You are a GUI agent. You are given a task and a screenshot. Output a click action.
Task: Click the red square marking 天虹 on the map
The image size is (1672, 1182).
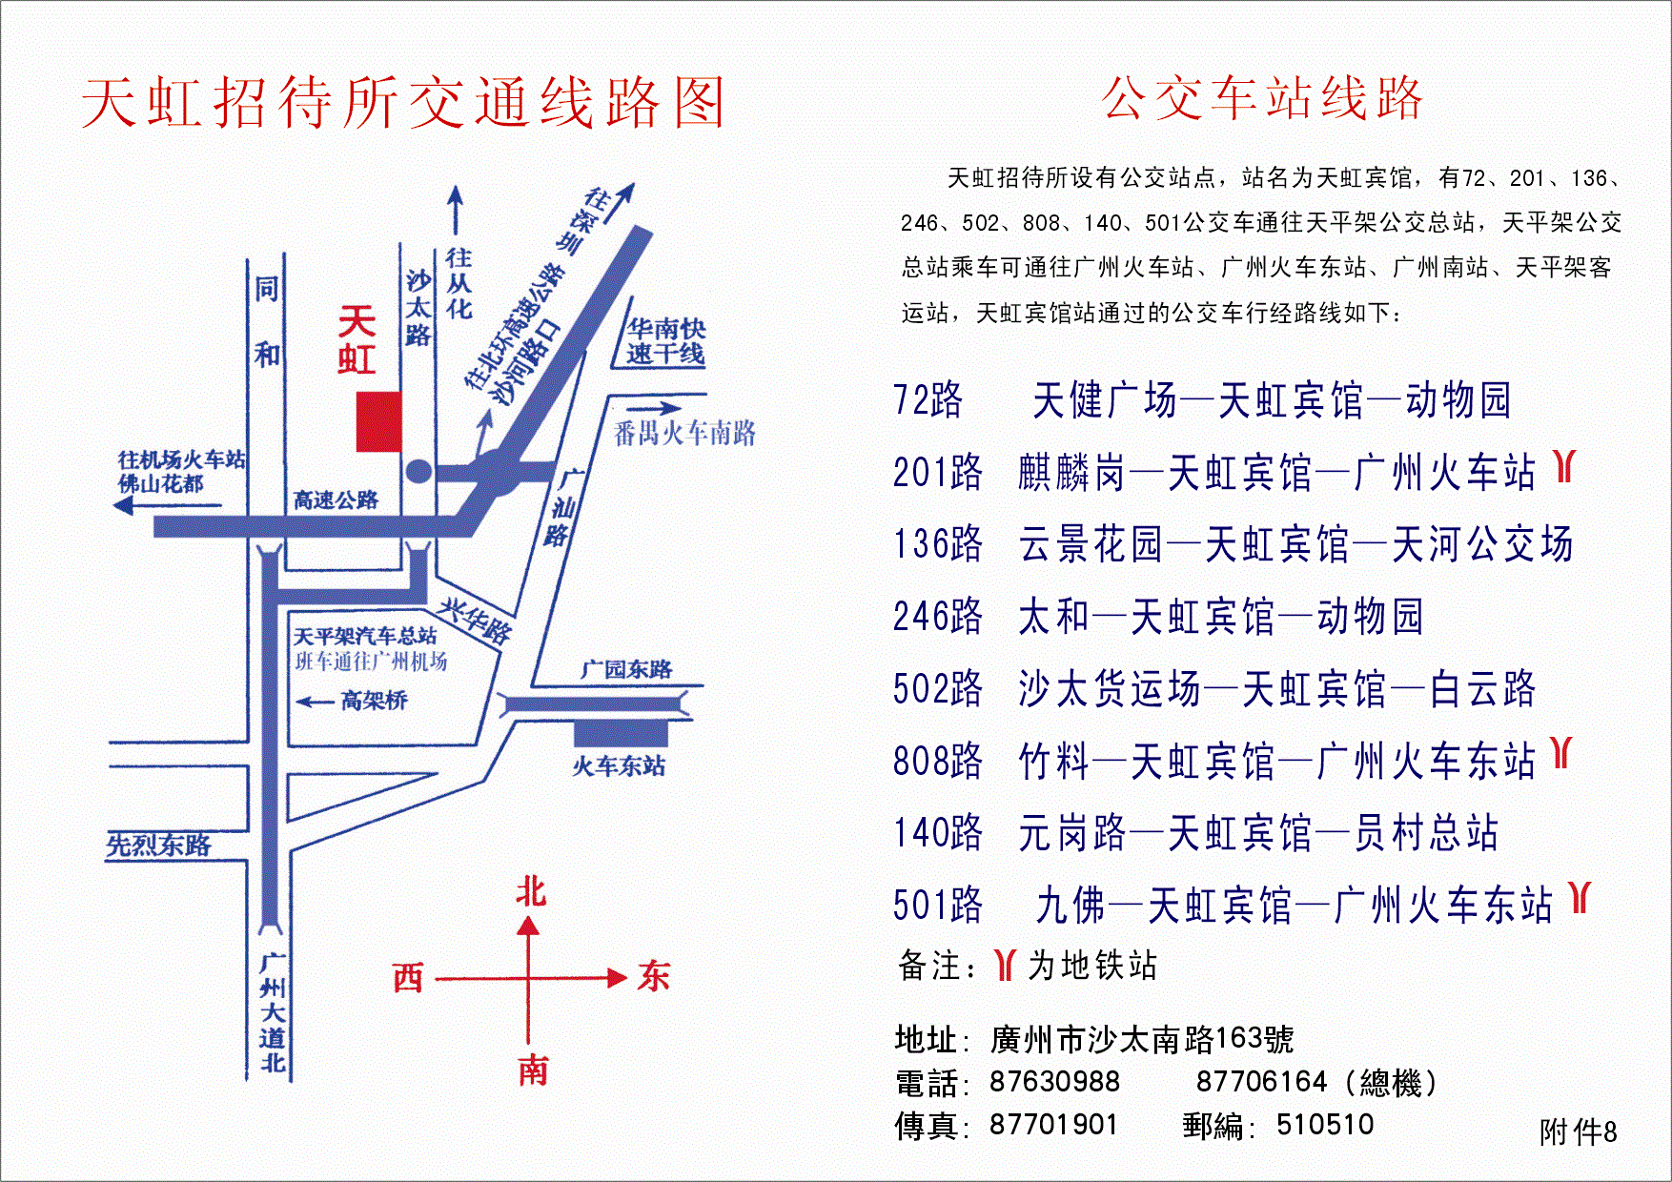[378, 421]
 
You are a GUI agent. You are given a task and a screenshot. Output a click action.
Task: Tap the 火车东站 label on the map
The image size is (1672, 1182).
[619, 766]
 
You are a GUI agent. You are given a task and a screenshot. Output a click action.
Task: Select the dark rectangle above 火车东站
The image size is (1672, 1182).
[621, 733]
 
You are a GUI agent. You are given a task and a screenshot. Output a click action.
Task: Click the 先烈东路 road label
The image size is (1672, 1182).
[158, 846]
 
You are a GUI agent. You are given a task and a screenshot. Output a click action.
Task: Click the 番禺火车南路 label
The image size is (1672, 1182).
[684, 434]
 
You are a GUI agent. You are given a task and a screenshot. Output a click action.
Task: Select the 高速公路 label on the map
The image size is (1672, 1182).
[336, 499]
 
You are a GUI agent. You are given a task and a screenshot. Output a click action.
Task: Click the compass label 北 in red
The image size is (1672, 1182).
[531, 892]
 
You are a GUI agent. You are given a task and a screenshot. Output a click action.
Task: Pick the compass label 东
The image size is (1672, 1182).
[654, 977]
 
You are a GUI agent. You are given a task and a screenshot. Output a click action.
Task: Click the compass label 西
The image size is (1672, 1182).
[408, 978]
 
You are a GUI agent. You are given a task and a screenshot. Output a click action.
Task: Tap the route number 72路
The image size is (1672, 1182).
[928, 400]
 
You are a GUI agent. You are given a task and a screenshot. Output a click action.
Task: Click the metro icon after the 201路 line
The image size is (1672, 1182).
[1563, 466]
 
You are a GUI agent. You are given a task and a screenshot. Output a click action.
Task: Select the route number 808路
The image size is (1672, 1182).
[937, 762]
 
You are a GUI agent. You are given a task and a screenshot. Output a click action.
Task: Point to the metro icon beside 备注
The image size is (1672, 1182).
[1004, 965]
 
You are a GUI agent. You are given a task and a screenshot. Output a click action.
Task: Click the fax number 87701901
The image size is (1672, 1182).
[1052, 1125]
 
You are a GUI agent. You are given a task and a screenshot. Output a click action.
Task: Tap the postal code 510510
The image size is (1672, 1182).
[1325, 1125]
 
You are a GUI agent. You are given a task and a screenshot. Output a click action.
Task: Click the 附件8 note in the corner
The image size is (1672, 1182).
[1578, 1132]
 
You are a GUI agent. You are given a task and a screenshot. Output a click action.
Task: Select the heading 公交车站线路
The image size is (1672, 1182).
[1262, 99]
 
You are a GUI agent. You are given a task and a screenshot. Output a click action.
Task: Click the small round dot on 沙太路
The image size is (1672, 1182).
[418, 471]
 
